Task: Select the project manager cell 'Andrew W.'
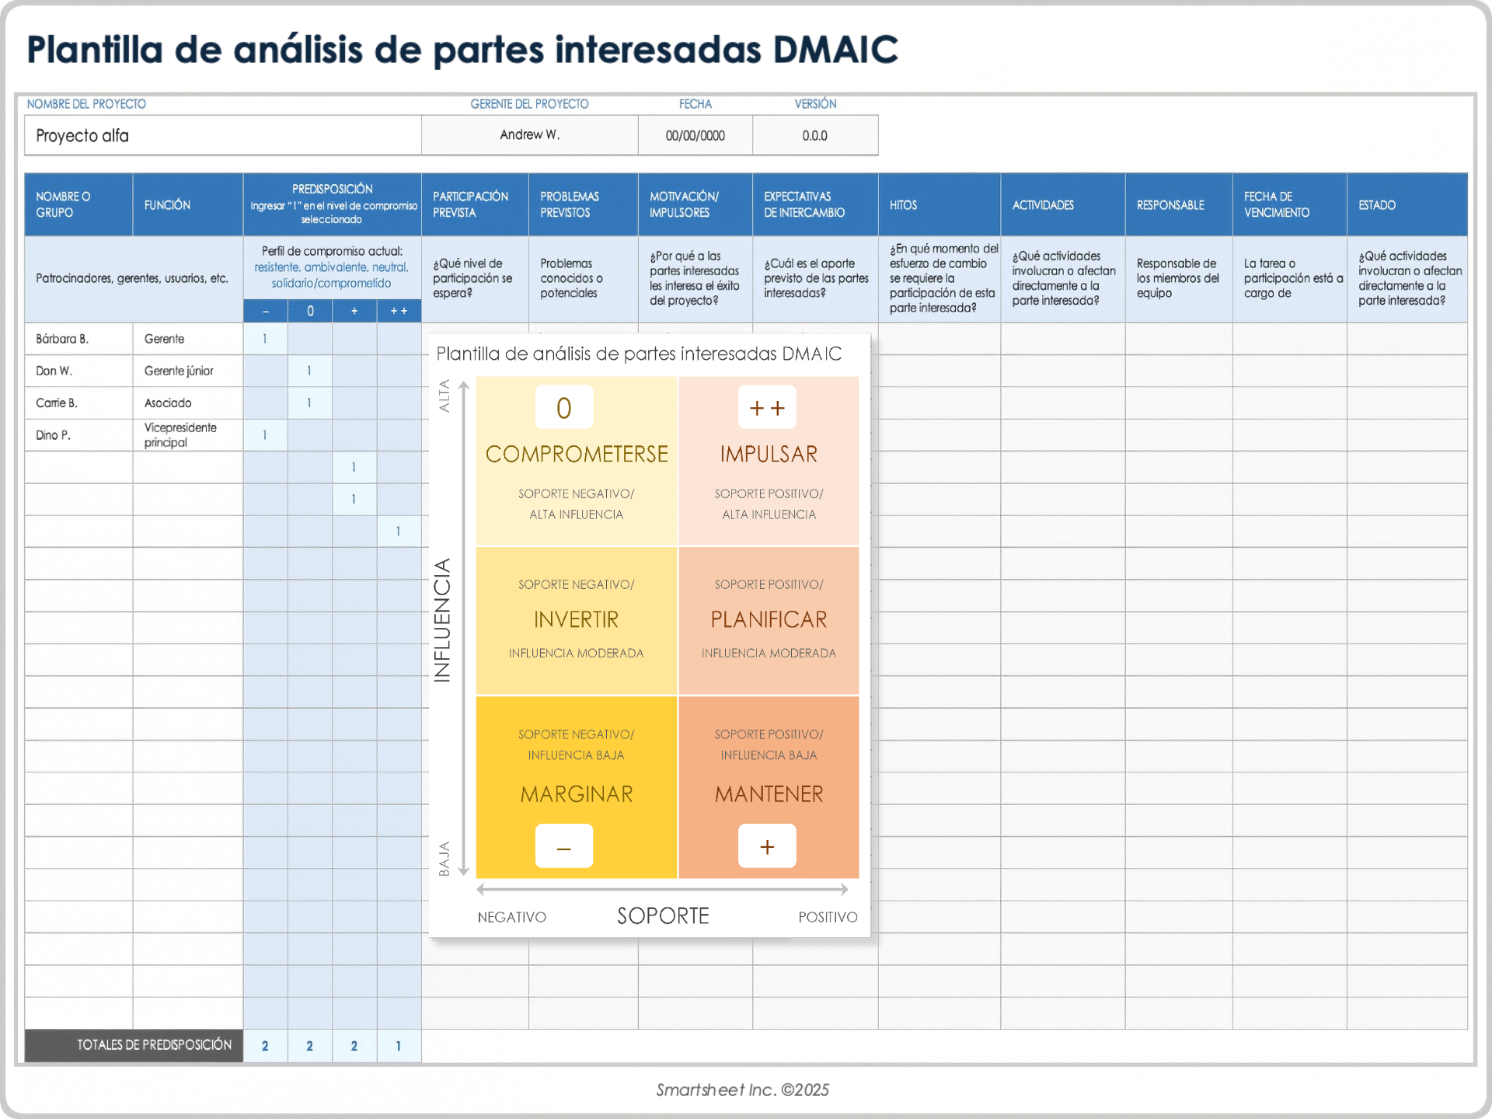(530, 135)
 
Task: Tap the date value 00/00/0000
(695, 135)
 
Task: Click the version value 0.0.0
(815, 135)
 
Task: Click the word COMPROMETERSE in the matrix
(577, 454)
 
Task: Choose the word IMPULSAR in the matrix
(769, 454)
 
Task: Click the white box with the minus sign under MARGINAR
(564, 846)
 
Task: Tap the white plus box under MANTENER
(767, 846)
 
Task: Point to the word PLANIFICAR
(769, 619)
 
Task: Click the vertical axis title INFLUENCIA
(442, 620)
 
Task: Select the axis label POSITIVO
(828, 917)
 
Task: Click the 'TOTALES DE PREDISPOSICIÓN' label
(154, 1045)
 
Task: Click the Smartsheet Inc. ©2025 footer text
(742, 1089)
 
